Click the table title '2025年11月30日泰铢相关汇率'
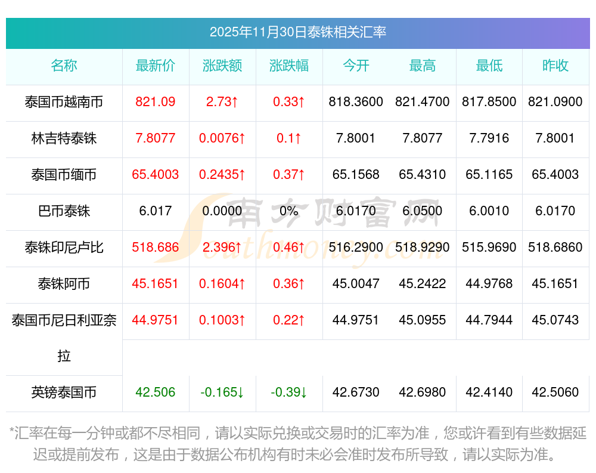coord(297,32)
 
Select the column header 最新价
coord(156,66)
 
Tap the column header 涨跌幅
coord(289,66)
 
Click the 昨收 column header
coord(555,66)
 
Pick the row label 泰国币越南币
coord(64,102)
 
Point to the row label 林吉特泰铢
coord(64,138)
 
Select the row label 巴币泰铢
coord(64,211)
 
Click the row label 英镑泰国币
coord(64,392)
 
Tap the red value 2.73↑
coord(222,102)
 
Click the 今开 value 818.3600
coord(356,102)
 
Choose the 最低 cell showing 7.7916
coord(489,138)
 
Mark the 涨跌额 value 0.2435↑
coord(222,175)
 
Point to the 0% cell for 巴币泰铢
coord(289,211)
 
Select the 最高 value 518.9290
coord(423,248)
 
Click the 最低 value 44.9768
coord(489,284)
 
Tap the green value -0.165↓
coord(222,392)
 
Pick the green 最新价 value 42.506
coord(156,392)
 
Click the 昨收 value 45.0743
coord(555,320)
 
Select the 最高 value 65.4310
coord(423,175)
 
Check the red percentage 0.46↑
coord(289,248)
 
